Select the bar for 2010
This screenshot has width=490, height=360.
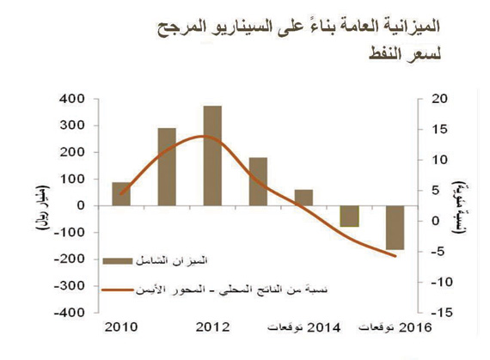(121, 194)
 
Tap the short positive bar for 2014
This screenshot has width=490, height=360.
(303, 198)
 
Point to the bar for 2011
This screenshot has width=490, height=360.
(167, 167)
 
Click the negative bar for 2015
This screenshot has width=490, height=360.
(349, 216)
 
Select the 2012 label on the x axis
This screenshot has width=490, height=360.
(211, 327)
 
